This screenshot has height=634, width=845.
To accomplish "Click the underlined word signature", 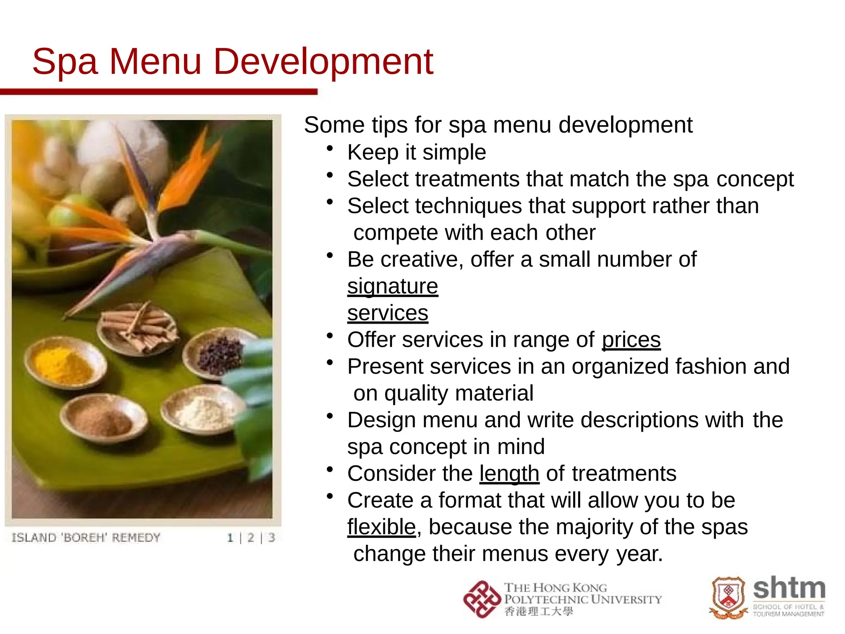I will click(392, 286).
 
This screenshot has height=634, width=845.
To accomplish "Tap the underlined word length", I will click(509, 473).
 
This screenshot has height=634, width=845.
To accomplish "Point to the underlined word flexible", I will click(381, 527).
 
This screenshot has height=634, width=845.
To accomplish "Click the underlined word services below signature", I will click(387, 313).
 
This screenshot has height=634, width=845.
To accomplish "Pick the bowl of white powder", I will click(202, 411).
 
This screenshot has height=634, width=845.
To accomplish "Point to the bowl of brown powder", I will click(103, 418).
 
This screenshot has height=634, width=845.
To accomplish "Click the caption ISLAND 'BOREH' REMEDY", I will click(86, 538).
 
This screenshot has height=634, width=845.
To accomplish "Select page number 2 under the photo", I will click(250, 538).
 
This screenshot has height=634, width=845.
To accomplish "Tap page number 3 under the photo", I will click(271, 538).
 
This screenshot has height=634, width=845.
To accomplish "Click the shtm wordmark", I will click(789, 589).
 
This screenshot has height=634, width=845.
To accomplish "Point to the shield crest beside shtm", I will click(728, 597).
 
